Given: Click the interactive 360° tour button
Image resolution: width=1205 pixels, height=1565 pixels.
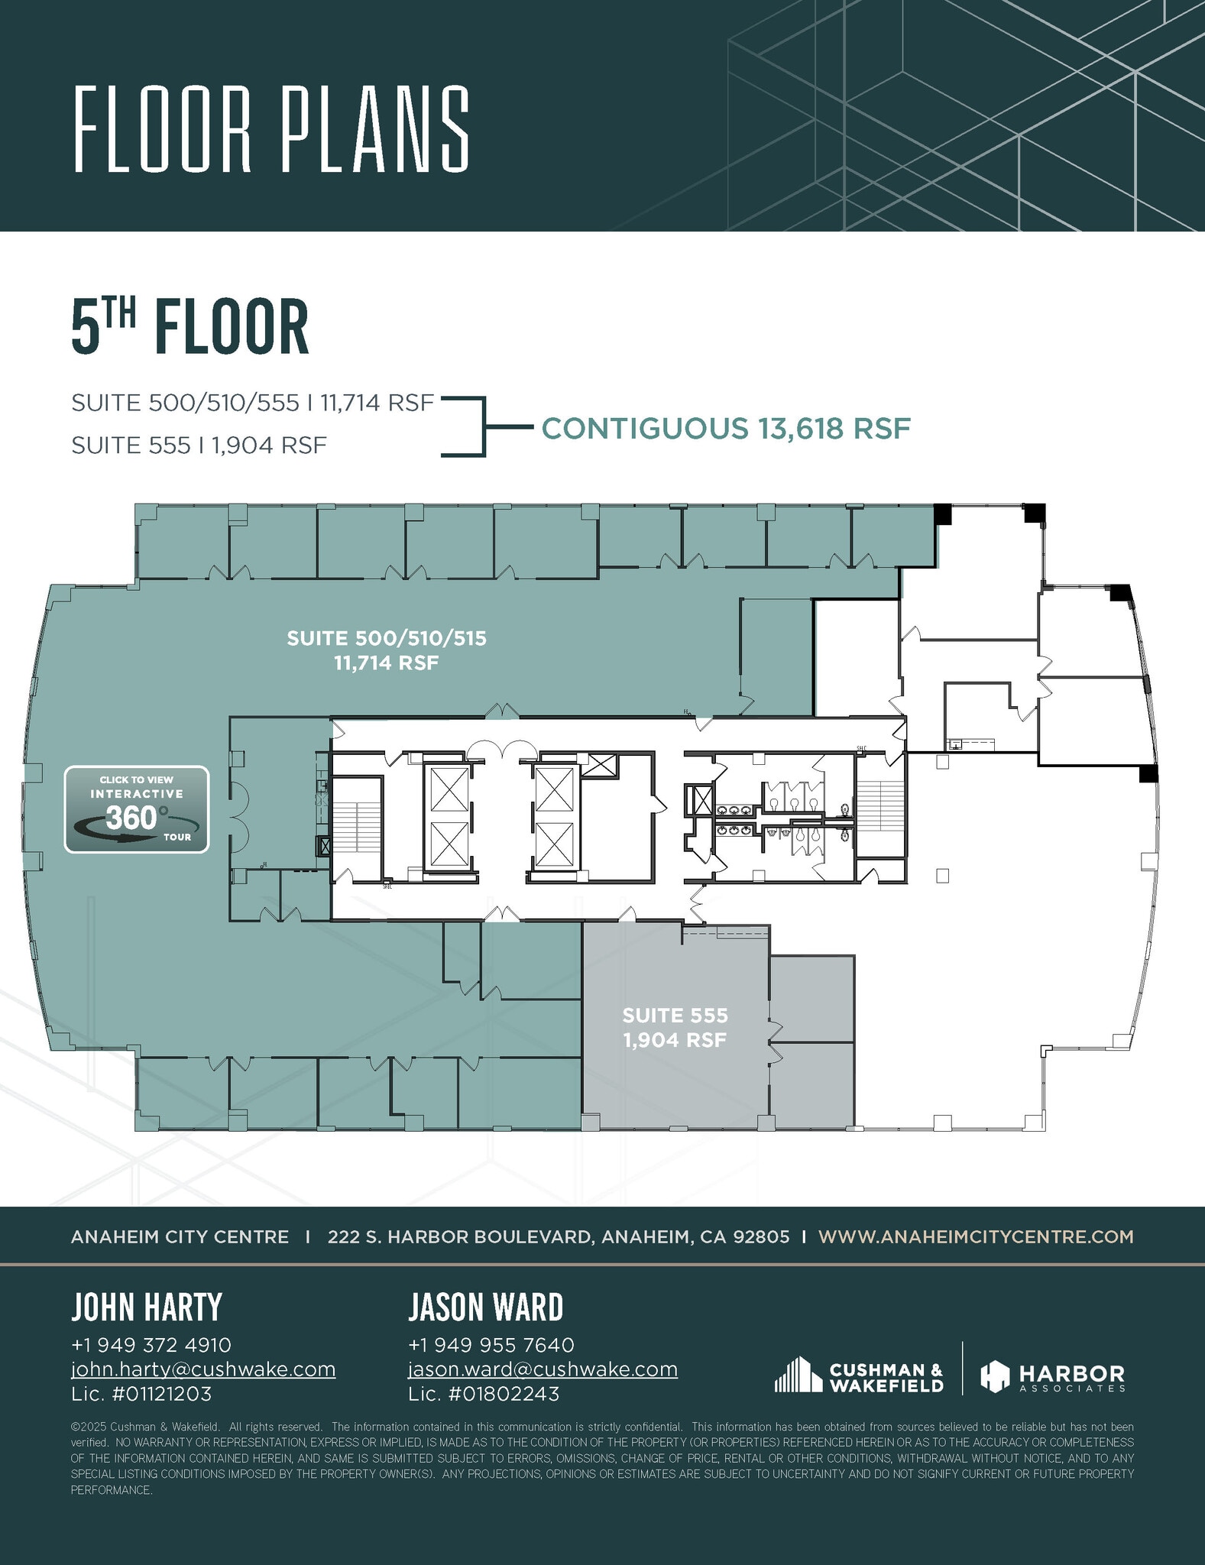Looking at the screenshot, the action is coord(136,809).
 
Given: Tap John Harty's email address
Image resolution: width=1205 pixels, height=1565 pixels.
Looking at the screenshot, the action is coord(203,1369).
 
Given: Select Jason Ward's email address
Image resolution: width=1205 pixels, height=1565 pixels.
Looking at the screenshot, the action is coord(543,1369).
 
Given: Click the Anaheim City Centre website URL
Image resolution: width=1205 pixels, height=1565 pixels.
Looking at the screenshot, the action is coord(976,1236).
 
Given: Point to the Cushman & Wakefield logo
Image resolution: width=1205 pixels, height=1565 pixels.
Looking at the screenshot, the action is coord(859,1375).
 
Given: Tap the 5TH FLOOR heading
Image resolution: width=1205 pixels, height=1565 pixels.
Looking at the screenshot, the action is coord(190,327).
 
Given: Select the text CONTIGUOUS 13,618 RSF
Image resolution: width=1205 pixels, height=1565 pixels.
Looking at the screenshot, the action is coord(726,428).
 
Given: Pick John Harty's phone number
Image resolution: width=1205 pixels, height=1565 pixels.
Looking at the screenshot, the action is coord(151,1344).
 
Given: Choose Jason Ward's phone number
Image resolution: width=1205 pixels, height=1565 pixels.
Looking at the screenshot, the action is coord(491,1344).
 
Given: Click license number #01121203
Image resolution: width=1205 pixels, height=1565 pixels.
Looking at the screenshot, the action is coord(141,1394).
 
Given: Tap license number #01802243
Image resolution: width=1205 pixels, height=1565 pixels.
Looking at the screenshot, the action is coord(484,1394).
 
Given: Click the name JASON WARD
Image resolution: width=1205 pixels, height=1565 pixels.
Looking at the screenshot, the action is coord(485,1307).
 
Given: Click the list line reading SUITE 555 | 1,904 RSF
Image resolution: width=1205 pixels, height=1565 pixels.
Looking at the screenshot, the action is coord(199,445).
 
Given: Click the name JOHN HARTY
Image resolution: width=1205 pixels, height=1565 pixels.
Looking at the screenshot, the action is coord(147,1307).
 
